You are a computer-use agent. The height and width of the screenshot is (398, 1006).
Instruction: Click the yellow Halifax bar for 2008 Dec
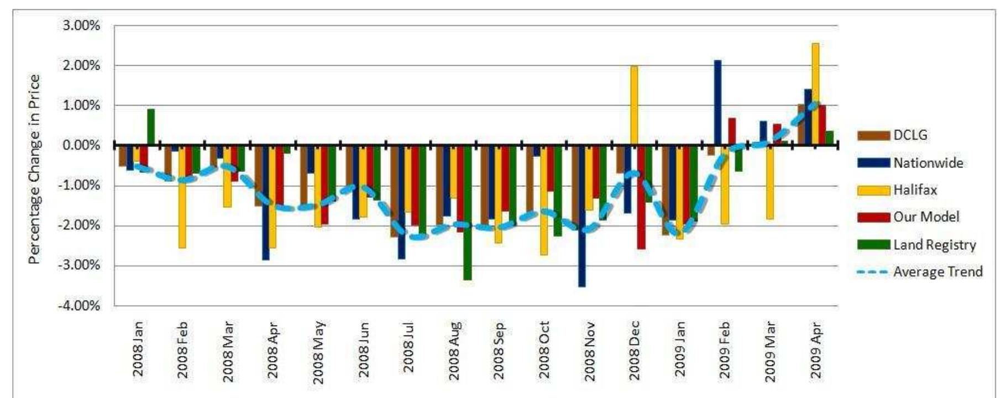634,105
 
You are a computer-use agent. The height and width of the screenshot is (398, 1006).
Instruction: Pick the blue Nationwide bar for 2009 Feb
717,102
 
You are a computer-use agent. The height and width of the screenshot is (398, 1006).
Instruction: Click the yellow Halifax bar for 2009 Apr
815,94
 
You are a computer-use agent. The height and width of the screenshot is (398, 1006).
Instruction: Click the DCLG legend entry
910,135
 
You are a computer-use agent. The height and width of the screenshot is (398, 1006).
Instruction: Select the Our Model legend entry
926,217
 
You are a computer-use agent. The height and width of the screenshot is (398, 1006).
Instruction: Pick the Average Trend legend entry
937,272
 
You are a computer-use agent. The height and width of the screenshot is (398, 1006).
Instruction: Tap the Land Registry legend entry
934,245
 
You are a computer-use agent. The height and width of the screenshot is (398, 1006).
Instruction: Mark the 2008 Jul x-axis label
408,349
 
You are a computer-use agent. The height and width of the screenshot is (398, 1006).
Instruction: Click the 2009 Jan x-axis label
679,349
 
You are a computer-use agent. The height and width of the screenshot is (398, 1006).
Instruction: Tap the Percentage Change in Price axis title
34,169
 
